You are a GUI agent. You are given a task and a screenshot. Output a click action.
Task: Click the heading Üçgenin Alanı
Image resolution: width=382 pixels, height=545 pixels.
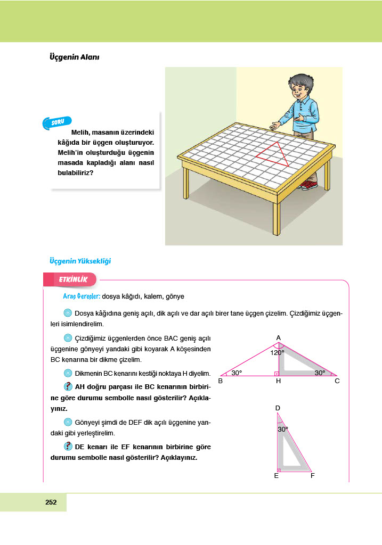click(74, 57)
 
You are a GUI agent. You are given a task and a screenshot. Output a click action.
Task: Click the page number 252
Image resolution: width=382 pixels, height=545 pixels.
click(51, 502)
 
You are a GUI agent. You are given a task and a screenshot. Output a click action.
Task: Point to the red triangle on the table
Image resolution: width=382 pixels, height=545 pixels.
click(274, 154)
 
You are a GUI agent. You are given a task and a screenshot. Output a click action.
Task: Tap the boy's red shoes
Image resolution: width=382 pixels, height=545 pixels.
click(308, 185)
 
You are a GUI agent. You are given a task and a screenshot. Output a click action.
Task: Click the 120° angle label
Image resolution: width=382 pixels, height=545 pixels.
click(277, 352)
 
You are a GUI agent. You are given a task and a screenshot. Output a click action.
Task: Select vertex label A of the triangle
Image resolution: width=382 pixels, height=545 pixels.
click(278, 337)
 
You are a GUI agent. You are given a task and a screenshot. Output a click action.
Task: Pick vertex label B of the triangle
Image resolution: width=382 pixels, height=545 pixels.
click(220, 381)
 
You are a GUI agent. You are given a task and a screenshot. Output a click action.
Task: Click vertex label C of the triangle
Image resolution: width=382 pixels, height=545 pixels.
click(337, 381)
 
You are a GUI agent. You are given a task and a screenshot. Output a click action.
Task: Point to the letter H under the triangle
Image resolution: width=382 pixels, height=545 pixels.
click(278, 381)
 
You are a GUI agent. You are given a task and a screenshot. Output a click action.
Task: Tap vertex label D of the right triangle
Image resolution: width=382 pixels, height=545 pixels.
click(278, 408)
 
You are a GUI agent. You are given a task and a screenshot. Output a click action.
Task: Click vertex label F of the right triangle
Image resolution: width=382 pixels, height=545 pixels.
click(312, 475)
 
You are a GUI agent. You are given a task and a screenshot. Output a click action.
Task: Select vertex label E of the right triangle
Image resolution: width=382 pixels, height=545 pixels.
click(276, 475)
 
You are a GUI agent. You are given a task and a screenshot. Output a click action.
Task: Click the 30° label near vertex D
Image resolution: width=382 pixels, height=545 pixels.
click(283, 428)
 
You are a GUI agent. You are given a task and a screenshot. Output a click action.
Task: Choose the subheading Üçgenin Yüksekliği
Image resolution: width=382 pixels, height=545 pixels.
click(79, 261)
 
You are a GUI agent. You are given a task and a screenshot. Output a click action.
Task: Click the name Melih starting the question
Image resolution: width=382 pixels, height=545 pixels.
click(80, 131)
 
